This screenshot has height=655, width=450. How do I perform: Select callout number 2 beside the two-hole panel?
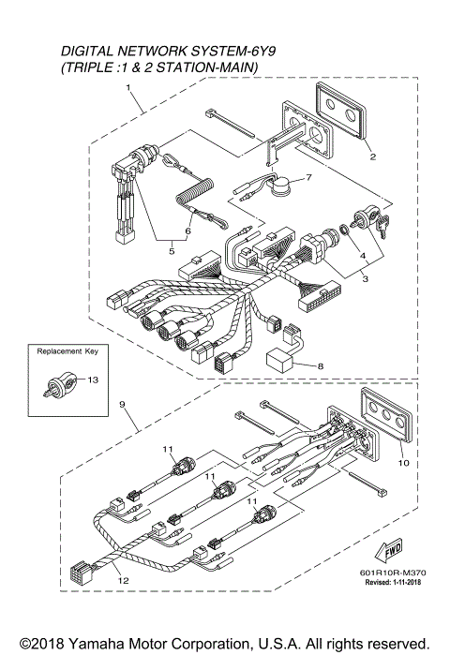click(372, 157)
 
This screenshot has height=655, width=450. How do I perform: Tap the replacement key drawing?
click(58, 382)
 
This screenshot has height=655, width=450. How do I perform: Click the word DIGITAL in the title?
click(91, 48)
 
